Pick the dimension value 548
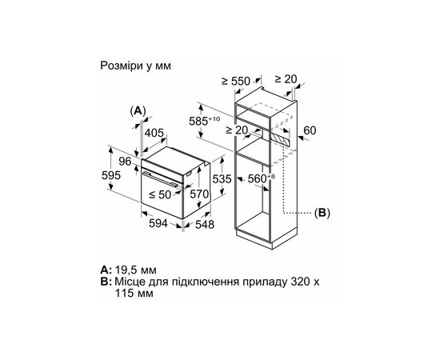206,226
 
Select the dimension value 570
201,194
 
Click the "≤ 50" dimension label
166,194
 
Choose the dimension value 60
312,130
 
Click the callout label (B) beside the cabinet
322,213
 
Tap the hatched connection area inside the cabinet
278,139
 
